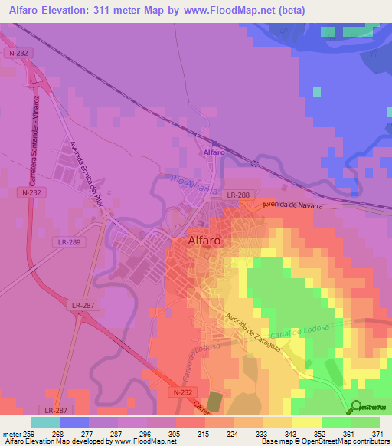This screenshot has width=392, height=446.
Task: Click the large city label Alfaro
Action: (204, 240)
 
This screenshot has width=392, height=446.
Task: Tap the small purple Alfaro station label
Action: (213, 153)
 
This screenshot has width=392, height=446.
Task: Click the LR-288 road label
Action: (238, 197)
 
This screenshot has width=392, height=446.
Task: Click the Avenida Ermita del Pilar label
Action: (86, 169)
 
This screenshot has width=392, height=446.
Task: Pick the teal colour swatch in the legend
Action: (44, 421)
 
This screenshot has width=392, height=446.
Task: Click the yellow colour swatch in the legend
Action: (306, 421)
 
